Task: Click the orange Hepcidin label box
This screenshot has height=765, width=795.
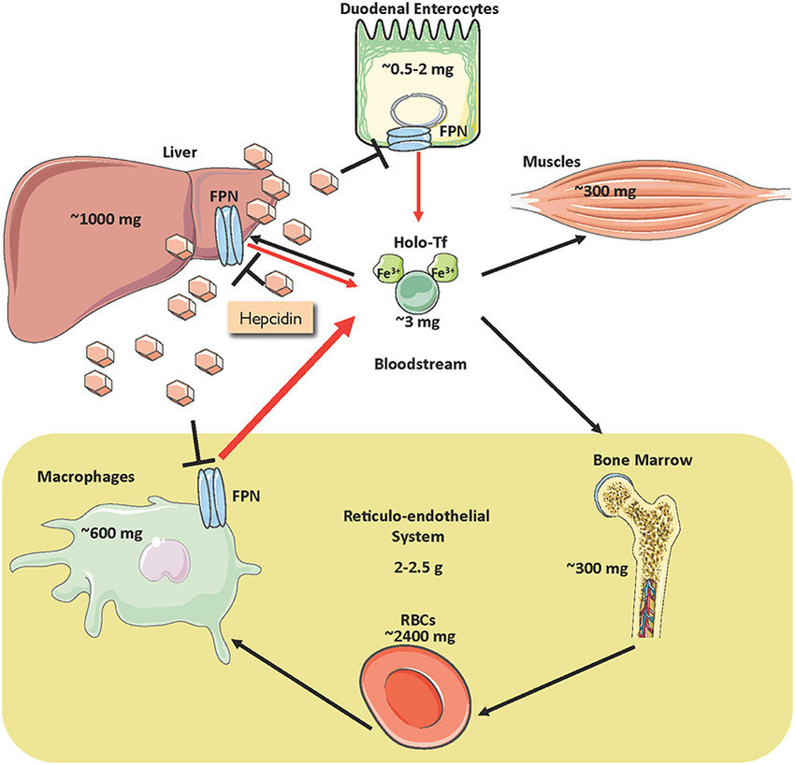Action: pyautogui.click(x=271, y=319)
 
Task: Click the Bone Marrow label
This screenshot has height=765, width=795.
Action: pyautogui.click(x=635, y=461)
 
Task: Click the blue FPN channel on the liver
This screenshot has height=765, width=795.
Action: pyautogui.click(x=228, y=237)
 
